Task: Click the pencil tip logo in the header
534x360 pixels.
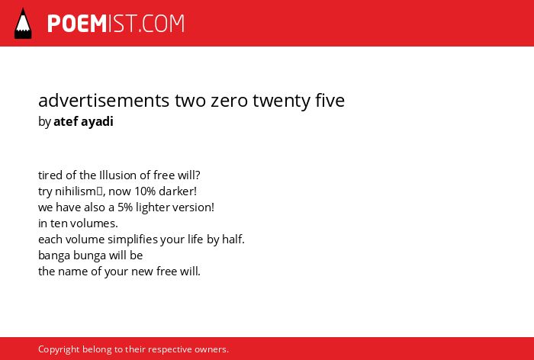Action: click(x=23, y=23)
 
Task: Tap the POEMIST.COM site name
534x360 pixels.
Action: click(x=116, y=24)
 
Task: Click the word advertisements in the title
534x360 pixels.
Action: click(x=104, y=100)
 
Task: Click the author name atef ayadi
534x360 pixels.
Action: click(x=83, y=122)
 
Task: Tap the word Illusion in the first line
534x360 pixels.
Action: click(x=117, y=175)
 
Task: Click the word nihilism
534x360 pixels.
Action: click(x=76, y=191)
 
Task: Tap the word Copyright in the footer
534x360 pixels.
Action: click(x=59, y=350)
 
